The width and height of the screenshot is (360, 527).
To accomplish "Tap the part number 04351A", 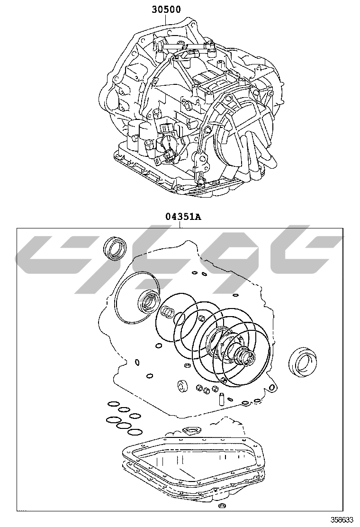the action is (x=183, y=217).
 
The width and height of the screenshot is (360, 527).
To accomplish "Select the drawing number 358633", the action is (x=342, y=519).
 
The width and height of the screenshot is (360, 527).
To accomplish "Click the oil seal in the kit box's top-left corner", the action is (x=115, y=248).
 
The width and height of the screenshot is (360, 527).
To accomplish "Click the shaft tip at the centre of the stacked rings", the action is (x=249, y=359).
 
